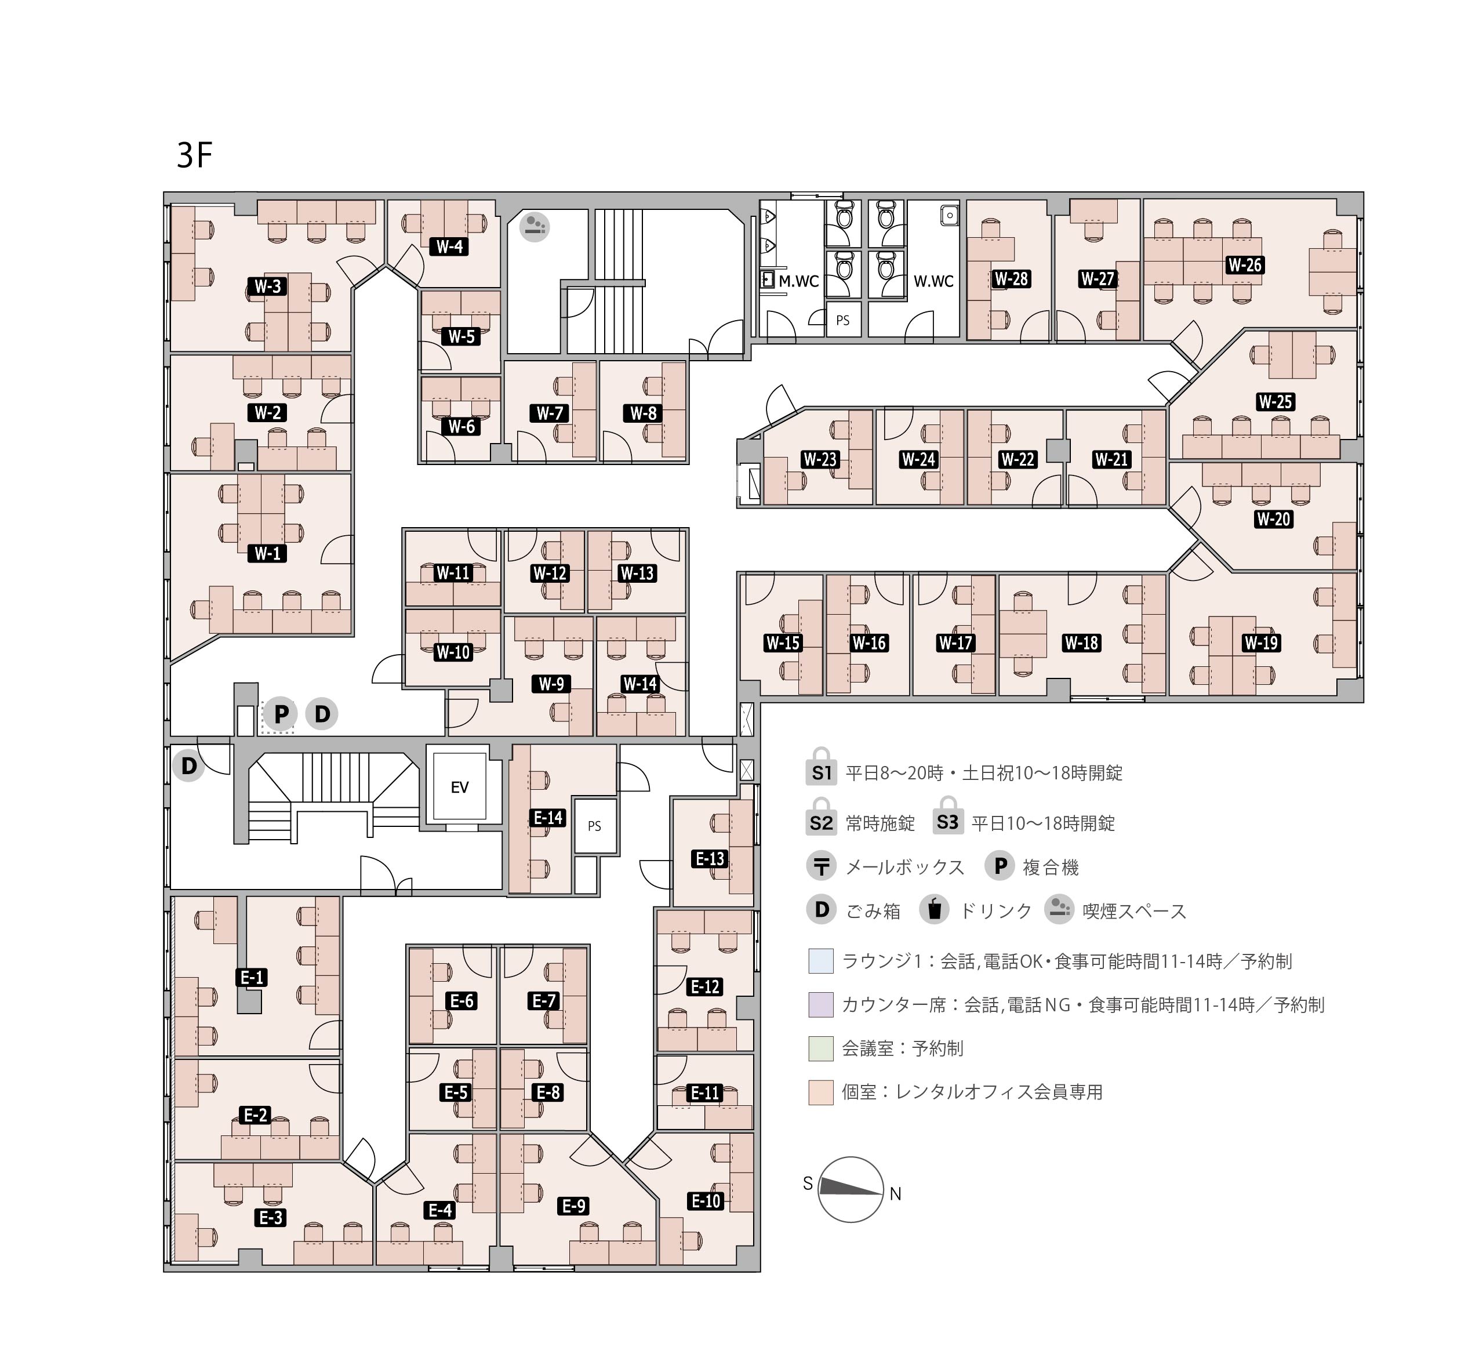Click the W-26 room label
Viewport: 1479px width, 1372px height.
click(1245, 265)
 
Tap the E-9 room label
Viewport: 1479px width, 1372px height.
click(573, 1206)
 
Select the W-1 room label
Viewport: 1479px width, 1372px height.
click(267, 553)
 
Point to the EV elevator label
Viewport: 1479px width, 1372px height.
click(459, 787)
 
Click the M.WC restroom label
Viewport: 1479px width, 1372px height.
click(798, 281)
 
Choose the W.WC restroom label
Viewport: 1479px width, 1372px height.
click(933, 281)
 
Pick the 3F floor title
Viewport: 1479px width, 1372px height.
click(194, 155)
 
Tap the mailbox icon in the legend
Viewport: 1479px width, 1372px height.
click(822, 866)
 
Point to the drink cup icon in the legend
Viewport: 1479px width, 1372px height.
click(934, 910)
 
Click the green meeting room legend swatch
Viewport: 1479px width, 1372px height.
click(821, 1048)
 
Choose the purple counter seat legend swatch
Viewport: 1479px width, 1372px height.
click(821, 1004)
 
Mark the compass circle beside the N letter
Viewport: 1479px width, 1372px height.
click(851, 1189)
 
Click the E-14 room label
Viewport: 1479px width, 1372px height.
click(548, 818)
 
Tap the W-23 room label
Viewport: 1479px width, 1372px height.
click(820, 460)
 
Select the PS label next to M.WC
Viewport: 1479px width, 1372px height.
click(843, 321)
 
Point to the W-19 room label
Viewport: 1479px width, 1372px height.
click(1261, 643)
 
